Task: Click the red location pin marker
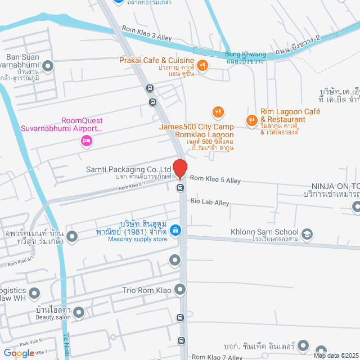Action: click(x=180, y=169)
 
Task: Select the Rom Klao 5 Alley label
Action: click(x=215, y=179)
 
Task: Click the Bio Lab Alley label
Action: click(x=210, y=201)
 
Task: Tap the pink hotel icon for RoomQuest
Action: click(x=86, y=141)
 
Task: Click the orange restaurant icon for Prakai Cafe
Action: click(x=203, y=66)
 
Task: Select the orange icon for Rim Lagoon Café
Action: click(x=252, y=119)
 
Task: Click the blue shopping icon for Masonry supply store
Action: click(x=175, y=230)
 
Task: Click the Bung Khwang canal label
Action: click(x=244, y=55)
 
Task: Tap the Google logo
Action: click(x=19, y=353)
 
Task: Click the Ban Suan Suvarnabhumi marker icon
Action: click(x=48, y=66)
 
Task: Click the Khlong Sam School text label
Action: click(x=264, y=232)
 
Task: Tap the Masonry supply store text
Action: click(x=138, y=240)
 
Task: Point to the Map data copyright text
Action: click(x=336, y=355)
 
